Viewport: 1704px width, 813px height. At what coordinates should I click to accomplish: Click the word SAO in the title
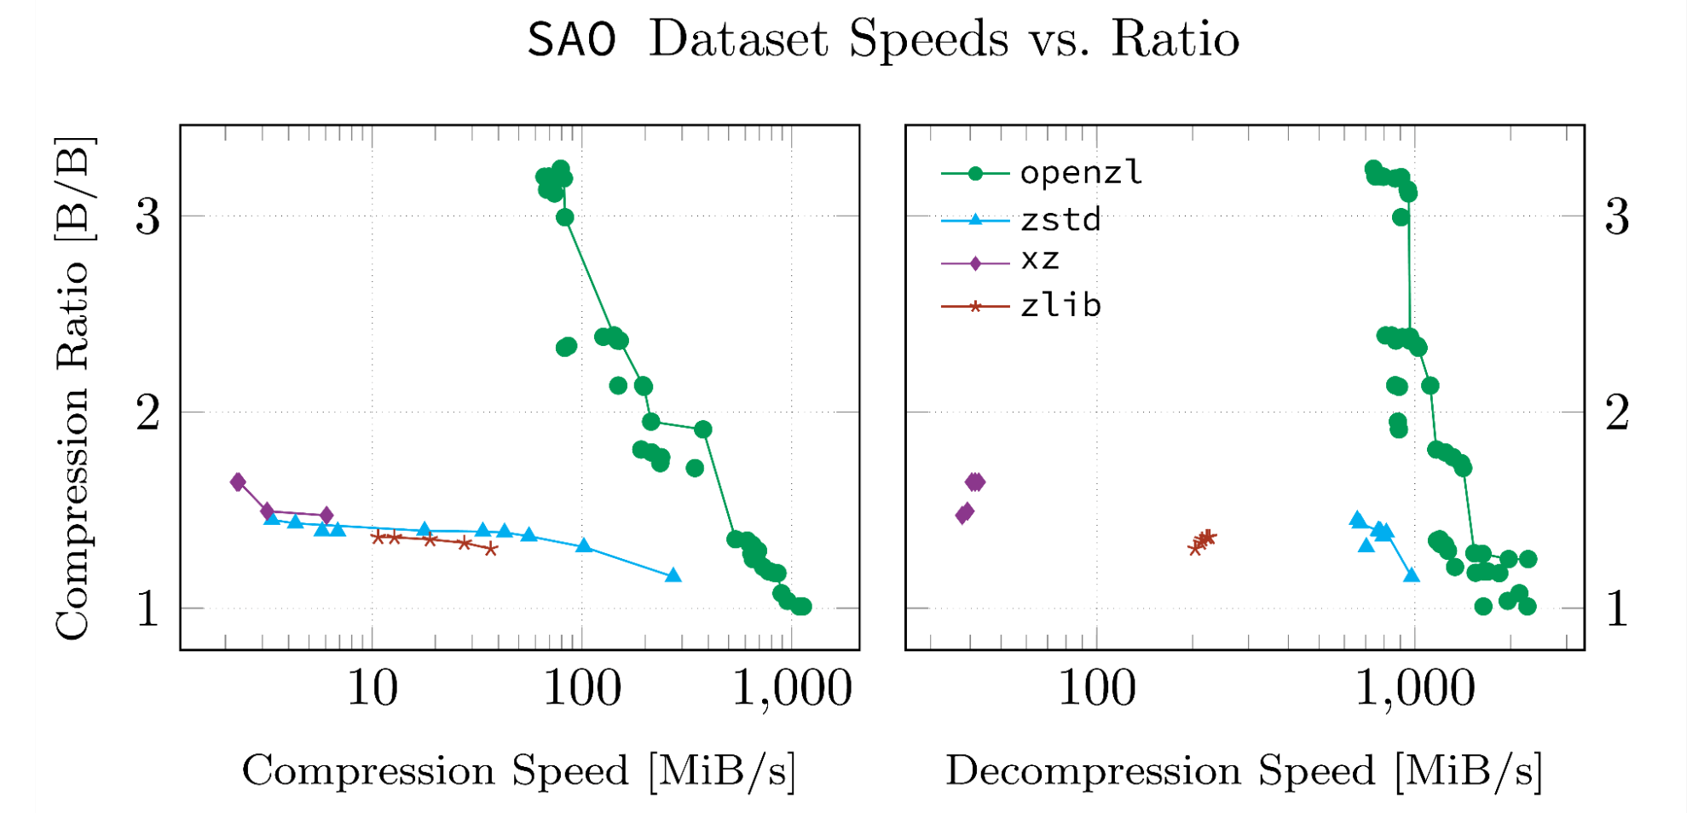coord(571,40)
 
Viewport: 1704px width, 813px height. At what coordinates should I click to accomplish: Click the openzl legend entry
coord(1080,173)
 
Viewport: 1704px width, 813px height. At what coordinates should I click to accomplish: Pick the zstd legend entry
coord(1060,220)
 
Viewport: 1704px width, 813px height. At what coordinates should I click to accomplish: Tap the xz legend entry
coord(1039,259)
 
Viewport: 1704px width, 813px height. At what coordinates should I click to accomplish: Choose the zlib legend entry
coord(1060,305)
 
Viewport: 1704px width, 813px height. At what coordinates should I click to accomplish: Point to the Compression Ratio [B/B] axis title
coord(72,388)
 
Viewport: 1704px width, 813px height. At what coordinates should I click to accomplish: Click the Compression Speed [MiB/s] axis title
coord(518,771)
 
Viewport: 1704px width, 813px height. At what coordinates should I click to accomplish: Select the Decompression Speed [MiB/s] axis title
coord(1244,771)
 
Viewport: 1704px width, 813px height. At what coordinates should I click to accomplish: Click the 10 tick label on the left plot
coord(372,689)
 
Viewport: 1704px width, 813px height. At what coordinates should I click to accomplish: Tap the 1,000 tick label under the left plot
coord(792,689)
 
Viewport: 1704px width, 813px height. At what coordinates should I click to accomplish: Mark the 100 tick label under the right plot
coord(1096,689)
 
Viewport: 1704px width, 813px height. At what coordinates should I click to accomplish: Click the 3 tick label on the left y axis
coord(147,216)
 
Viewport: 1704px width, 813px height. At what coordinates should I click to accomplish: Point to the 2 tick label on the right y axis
coord(1617,413)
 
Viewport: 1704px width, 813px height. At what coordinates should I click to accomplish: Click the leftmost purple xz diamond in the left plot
coord(238,482)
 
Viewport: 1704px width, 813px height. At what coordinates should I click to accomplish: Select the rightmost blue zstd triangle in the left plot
coord(673,576)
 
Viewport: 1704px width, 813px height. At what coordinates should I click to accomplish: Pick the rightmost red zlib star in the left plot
coord(491,549)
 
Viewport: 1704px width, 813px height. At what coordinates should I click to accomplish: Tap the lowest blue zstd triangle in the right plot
coord(1412,576)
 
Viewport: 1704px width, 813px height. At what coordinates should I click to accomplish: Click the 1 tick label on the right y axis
coord(1617,609)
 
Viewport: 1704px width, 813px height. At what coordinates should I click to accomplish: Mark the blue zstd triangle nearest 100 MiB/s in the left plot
coord(584,545)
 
